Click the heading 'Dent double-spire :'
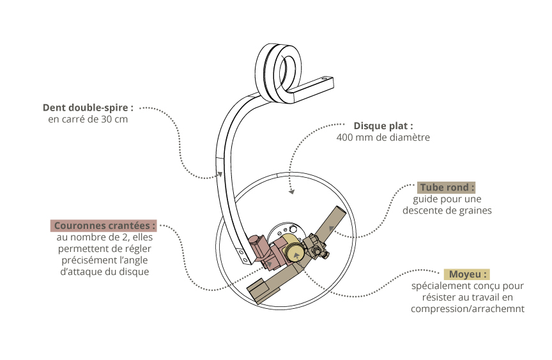coord(88,107)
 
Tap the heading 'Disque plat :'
coord(383,125)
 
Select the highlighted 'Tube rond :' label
coord(447,187)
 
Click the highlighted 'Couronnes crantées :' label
coord(104,226)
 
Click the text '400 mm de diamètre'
coord(383,137)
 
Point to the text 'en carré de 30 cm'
coord(88,120)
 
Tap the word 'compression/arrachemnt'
coord(468,309)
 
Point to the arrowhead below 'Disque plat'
coord(292,191)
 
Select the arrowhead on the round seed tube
coord(331,226)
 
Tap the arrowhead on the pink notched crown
coord(270,262)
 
